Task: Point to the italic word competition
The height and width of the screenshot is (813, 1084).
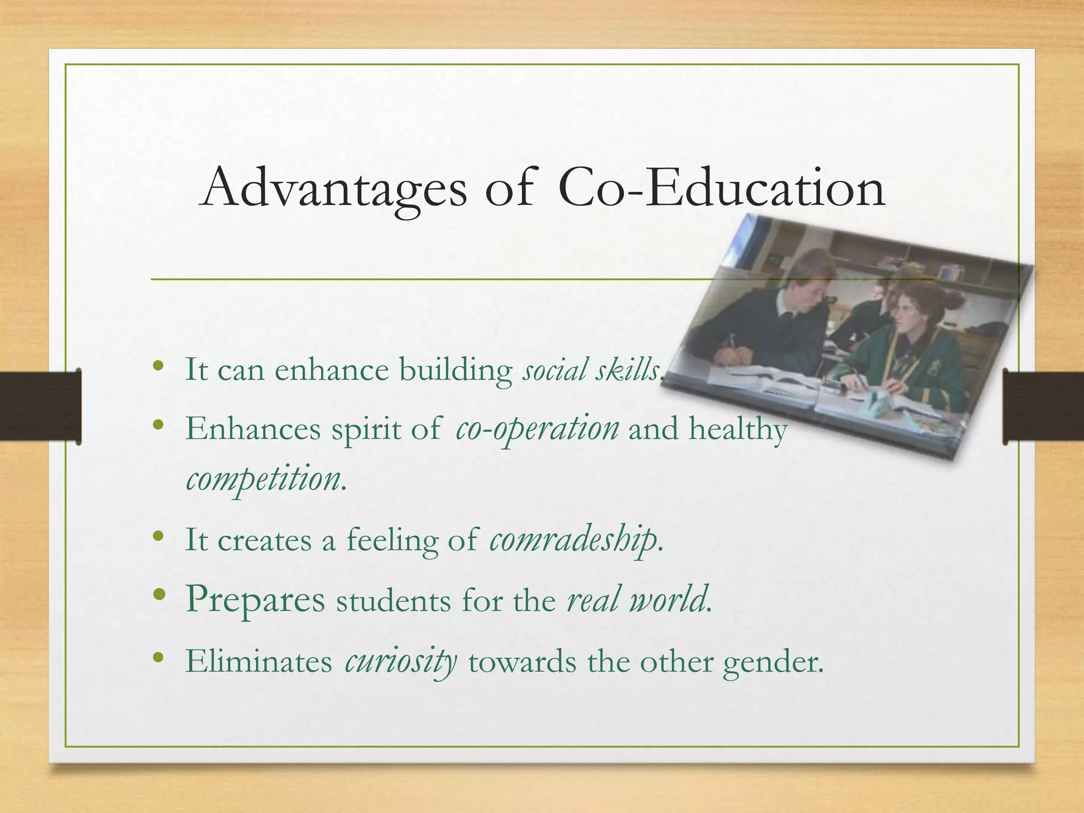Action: (264, 479)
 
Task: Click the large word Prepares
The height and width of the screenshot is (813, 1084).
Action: (255, 600)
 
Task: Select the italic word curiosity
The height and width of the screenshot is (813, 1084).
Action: (401, 662)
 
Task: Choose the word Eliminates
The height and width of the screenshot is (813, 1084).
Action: (258, 662)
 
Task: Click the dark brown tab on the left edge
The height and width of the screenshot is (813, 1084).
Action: (40, 406)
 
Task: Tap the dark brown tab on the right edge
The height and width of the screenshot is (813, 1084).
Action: (1043, 406)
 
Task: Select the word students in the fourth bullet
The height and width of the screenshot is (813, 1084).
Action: (393, 602)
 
